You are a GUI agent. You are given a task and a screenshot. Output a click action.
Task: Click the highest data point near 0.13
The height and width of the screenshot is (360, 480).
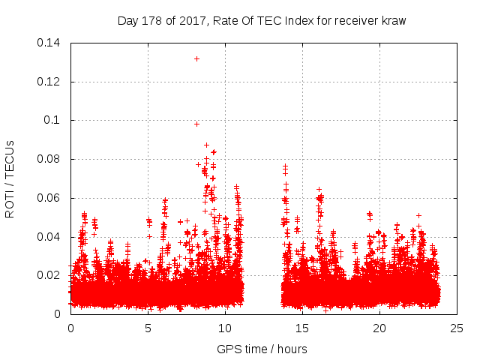coord(196,58)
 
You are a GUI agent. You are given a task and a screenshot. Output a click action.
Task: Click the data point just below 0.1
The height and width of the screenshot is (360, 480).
coord(196,124)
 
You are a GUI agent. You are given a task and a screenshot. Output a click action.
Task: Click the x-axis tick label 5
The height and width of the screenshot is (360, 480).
coord(148,328)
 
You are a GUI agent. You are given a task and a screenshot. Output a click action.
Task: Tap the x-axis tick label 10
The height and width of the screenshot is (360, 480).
coord(225,328)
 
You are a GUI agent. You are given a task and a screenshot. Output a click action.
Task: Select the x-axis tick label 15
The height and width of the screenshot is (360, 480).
coord(302,328)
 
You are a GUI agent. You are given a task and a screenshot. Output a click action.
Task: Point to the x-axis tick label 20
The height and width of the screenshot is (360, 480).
coord(379,328)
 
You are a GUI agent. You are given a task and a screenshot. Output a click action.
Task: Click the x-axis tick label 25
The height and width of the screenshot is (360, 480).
coord(457,328)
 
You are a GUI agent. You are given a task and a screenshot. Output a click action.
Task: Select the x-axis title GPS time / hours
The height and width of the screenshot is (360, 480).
coord(262,349)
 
